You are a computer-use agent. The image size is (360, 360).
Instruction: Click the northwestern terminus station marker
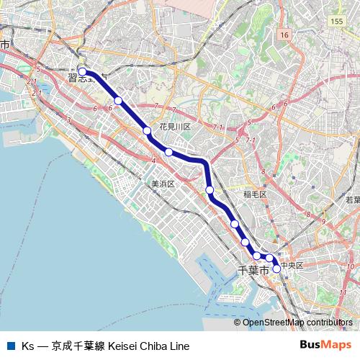(83, 71)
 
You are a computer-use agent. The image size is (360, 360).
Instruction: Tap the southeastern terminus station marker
(276, 268)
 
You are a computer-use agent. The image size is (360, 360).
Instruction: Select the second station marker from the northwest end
(118, 101)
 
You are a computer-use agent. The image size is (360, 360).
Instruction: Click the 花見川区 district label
(175, 127)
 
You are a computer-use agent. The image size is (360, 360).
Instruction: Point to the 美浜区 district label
(163, 184)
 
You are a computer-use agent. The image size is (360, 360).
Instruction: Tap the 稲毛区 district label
(255, 194)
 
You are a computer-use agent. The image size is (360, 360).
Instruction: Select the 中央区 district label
(292, 266)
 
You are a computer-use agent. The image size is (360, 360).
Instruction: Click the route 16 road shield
(285, 35)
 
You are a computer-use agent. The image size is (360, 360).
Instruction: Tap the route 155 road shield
(337, 22)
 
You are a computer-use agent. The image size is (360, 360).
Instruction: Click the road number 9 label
(323, 221)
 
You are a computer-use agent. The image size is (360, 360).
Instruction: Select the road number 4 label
(154, 160)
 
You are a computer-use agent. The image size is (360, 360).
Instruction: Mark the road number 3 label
(68, 120)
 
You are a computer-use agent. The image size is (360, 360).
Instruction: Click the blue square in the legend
(10, 346)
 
